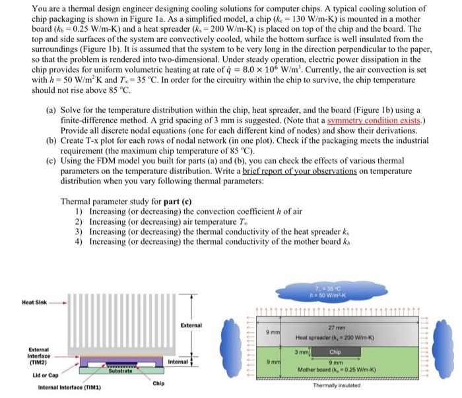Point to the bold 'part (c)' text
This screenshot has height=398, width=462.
coord(183,201)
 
